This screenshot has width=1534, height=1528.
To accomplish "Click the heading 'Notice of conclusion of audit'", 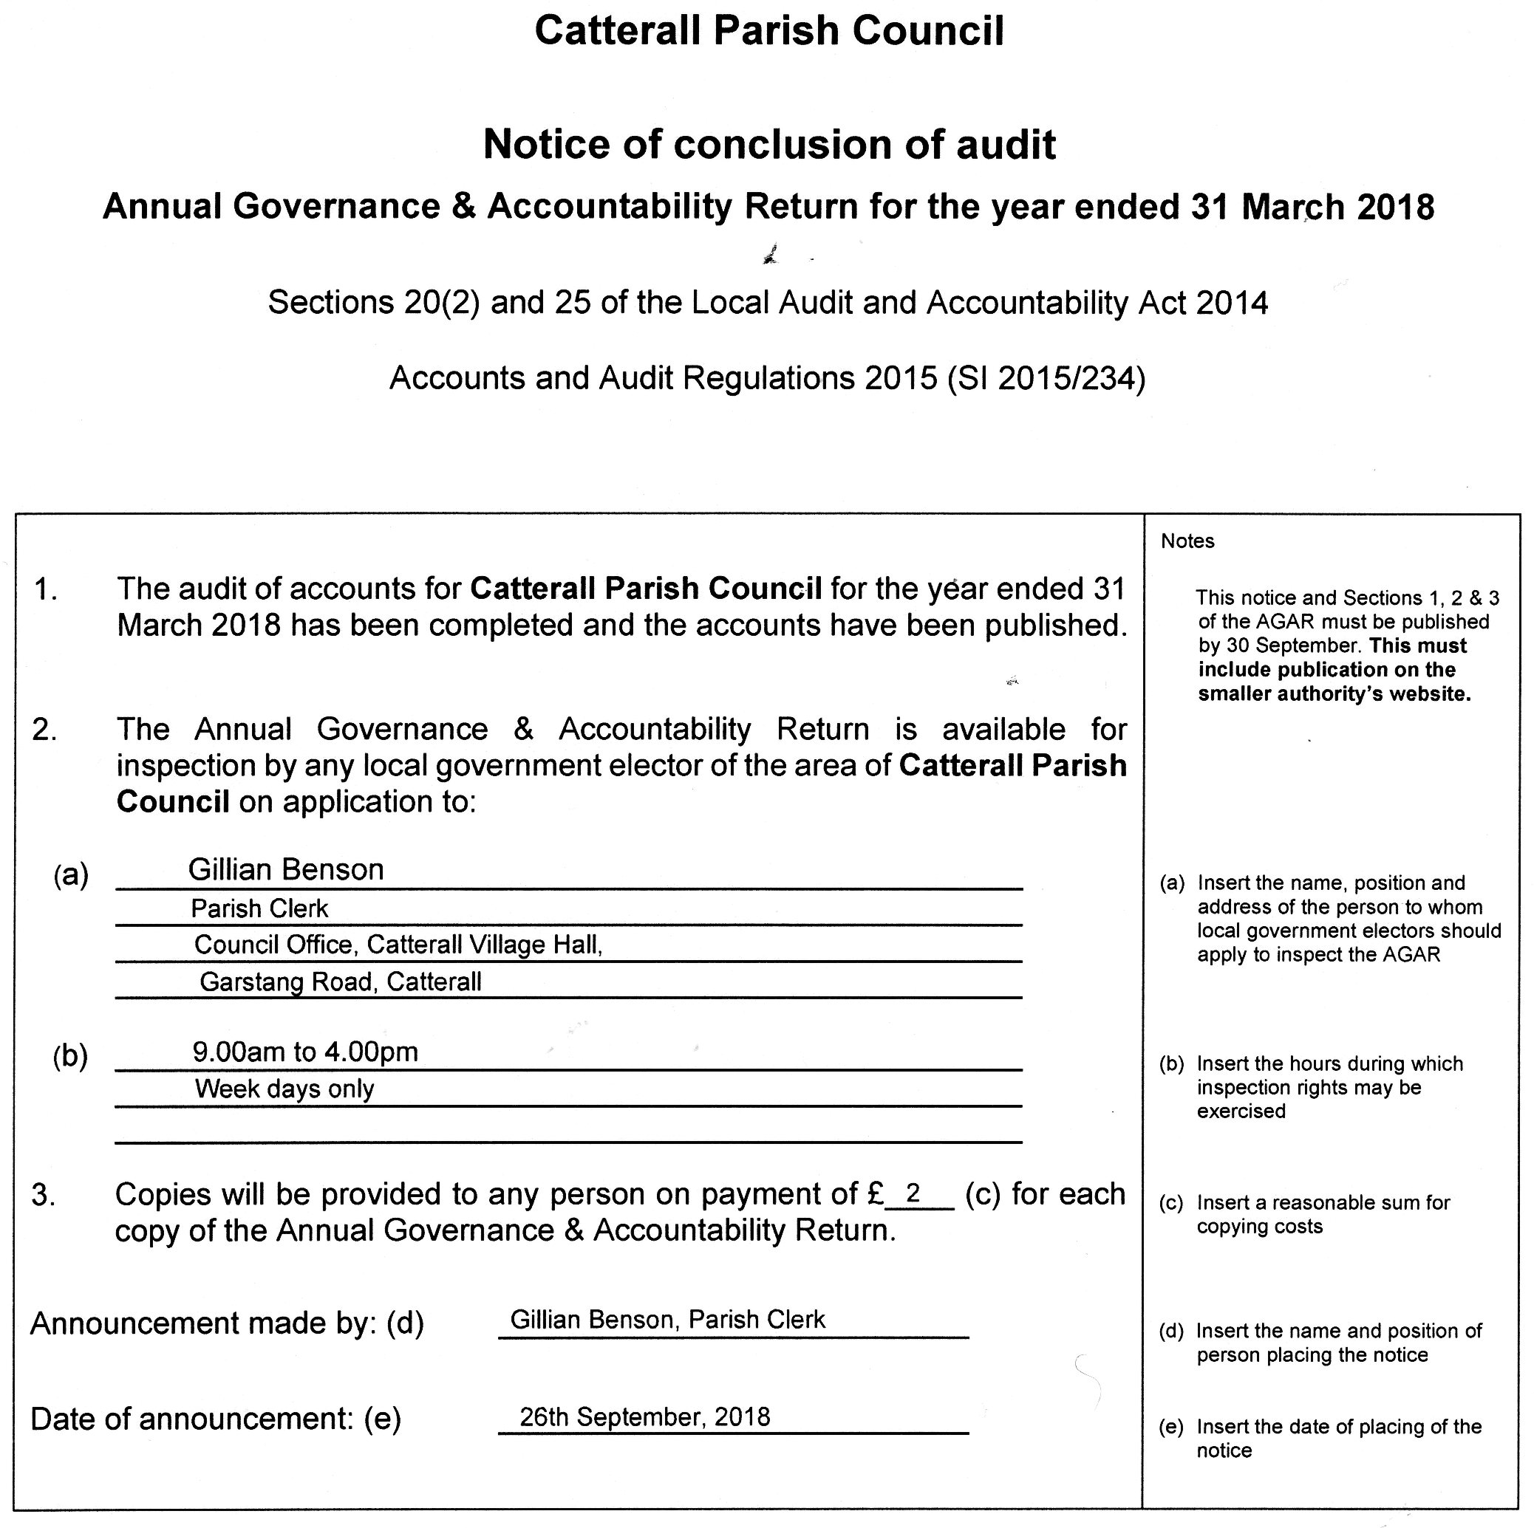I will click(x=768, y=145).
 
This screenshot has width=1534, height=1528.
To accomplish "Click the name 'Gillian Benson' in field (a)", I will click(x=286, y=870).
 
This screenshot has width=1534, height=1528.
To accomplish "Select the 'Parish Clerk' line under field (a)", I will click(x=259, y=909).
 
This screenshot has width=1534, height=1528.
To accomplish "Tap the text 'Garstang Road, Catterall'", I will click(x=341, y=982).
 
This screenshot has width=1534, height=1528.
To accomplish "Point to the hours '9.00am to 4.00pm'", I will click(x=305, y=1052).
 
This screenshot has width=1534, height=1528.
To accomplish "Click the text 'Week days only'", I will click(x=284, y=1089).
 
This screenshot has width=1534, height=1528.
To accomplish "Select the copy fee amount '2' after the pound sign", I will click(x=913, y=1193).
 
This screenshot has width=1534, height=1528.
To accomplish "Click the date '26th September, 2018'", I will click(x=645, y=1417).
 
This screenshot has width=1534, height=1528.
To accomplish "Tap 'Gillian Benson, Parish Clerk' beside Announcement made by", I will click(x=667, y=1319).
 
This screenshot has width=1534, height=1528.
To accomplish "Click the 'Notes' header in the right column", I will click(x=1187, y=541).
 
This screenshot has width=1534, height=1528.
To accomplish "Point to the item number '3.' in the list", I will click(x=43, y=1195).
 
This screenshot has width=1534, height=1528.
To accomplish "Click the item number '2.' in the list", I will click(x=44, y=730).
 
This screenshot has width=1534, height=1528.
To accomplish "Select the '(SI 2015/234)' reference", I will click(x=1046, y=379).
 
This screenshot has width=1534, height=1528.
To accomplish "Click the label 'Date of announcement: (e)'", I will click(x=215, y=1419).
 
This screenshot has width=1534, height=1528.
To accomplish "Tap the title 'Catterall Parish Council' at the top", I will click(x=768, y=32).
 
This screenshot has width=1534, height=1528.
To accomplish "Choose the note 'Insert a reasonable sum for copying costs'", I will click(x=1323, y=1214).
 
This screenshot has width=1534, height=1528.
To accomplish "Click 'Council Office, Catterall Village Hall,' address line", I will click(x=398, y=945).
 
